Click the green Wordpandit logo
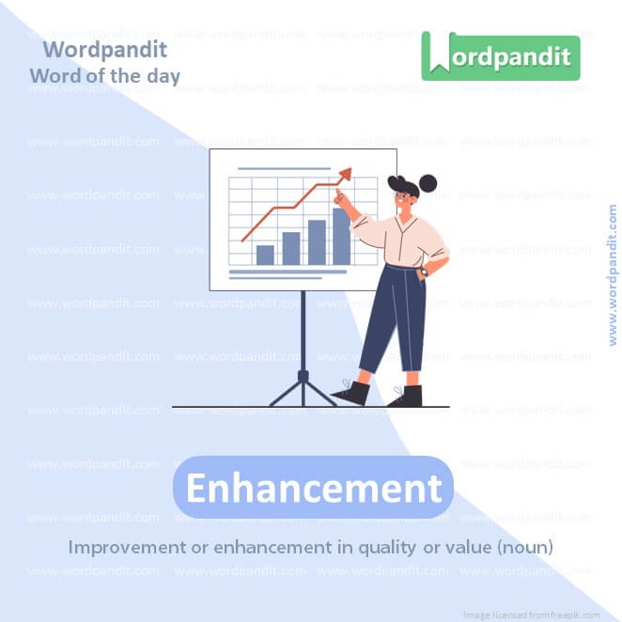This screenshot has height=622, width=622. point(501,56)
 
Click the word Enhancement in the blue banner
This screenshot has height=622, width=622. point(313,488)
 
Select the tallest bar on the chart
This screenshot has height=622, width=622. point(341,236)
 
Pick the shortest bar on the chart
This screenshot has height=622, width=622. point(265,255)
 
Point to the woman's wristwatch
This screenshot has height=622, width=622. point(423,272)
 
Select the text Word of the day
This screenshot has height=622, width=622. point(104,75)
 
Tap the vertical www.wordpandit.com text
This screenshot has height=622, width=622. point(613,274)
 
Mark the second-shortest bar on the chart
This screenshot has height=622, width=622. point(291,248)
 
